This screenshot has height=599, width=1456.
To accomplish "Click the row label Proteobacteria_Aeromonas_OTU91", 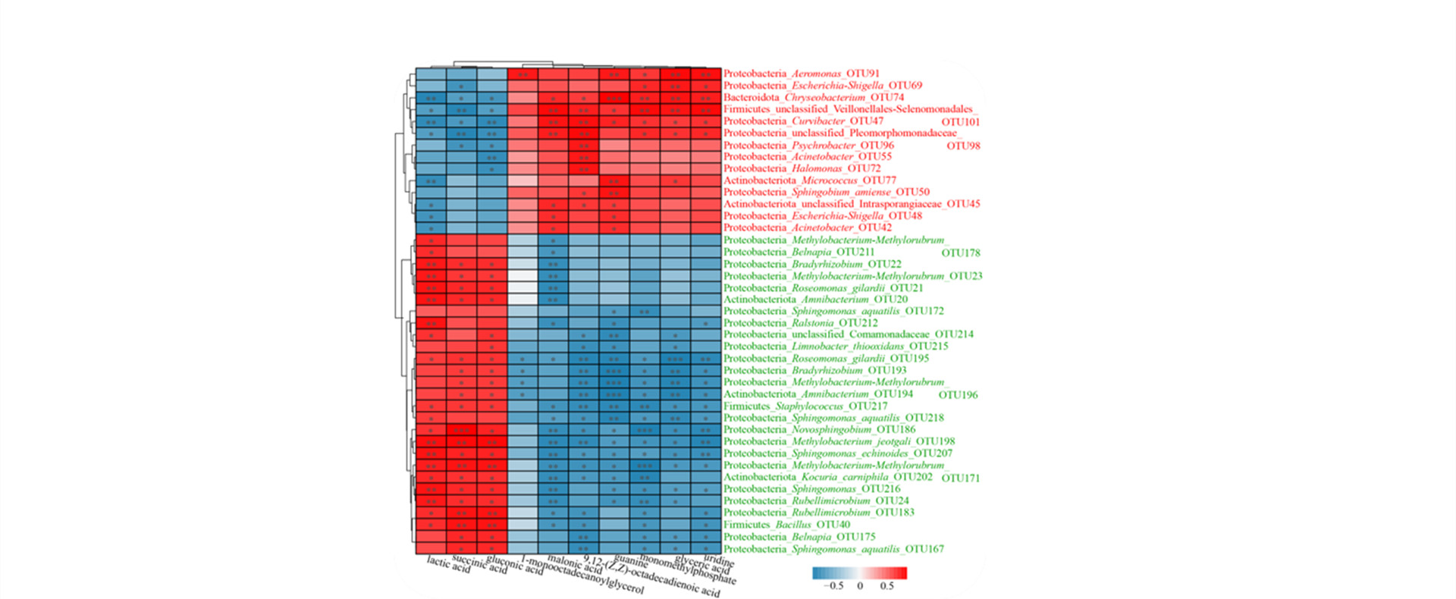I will pyautogui.click(x=801, y=74).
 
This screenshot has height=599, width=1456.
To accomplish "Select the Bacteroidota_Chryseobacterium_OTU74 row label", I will pyautogui.click(x=813, y=97).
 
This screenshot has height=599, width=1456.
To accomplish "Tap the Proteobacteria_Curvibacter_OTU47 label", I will pyautogui.click(x=802, y=121).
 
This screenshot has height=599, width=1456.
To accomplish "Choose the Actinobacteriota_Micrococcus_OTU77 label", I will pyautogui.click(x=809, y=180).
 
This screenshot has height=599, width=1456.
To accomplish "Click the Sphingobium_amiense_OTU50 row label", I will pyautogui.click(x=826, y=192).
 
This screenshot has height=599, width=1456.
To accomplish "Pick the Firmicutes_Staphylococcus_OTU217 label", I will pyautogui.click(x=805, y=406).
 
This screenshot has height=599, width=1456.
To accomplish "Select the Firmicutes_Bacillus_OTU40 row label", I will pyautogui.click(x=786, y=524).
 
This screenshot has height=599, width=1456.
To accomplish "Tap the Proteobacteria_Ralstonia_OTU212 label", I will pyautogui.click(x=800, y=322).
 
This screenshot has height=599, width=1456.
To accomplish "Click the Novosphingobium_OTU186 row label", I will pyautogui.click(x=819, y=429).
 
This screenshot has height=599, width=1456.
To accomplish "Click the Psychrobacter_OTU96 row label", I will pyautogui.click(x=808, y=145).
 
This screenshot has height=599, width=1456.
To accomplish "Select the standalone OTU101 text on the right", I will pyautogui.click(x=960, y=122).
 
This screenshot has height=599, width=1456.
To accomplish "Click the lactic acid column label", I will pyautogui.click(x=449, y=564).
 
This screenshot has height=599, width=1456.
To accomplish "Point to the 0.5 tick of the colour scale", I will pyautogui.click(x=886, y=586).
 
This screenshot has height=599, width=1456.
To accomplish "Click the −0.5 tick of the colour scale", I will pyautogui.click(x=833, y=586).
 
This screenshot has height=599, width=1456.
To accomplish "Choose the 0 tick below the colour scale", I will pyautogui.click(x=860, y=586).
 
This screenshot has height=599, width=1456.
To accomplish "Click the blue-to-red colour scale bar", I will pyautogui.click(x=859, y=573).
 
